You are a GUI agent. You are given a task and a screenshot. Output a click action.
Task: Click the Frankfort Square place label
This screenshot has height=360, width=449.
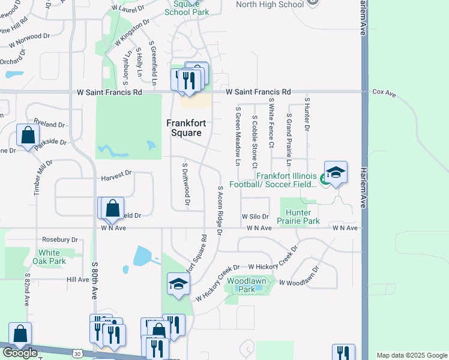186,128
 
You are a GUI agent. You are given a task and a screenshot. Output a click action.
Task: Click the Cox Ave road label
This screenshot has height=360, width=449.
384,93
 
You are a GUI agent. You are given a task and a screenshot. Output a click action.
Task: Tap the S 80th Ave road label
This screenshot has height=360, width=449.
95,280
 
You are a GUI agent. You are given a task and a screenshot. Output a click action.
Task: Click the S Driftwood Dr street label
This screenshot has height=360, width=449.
186,185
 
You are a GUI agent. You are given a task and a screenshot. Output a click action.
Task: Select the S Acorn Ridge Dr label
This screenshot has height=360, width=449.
220,210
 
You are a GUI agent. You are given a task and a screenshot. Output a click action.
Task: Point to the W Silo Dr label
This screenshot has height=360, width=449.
255,216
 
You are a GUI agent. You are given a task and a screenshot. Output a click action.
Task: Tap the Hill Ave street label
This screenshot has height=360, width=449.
78,280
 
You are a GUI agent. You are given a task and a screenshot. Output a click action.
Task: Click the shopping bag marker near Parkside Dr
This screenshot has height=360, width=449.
28,135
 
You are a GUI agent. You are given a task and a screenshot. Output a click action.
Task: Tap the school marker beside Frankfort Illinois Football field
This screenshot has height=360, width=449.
336,172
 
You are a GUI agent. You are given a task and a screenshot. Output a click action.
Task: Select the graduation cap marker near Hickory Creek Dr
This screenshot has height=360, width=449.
178,283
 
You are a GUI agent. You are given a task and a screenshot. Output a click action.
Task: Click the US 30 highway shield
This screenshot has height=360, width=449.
78,354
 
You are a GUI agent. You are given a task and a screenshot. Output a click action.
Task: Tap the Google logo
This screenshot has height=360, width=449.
20,353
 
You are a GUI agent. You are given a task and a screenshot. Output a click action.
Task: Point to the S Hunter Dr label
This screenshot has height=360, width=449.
306,115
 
